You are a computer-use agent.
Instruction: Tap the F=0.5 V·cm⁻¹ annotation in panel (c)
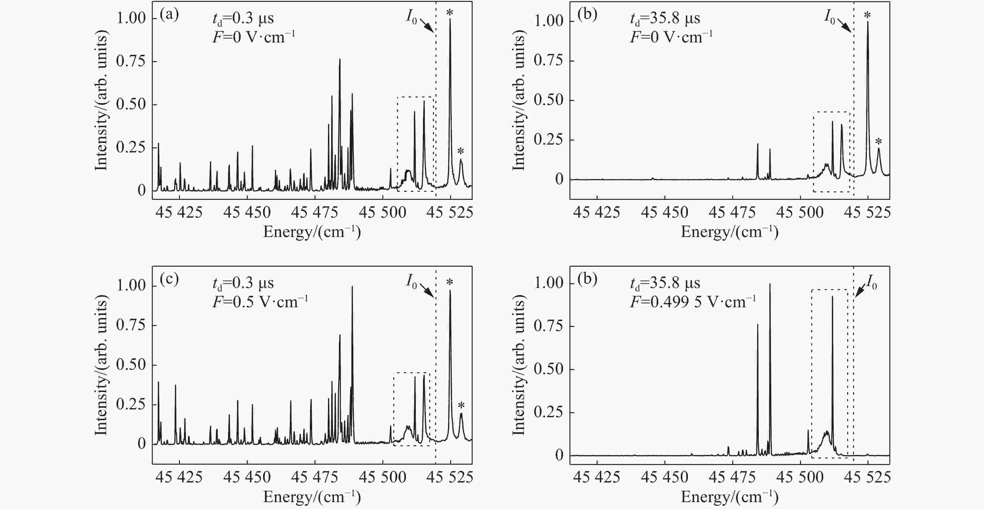260,302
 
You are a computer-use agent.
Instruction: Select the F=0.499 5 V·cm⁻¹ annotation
693,302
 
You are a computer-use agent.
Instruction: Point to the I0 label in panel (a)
411,17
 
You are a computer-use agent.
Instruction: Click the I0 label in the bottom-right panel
871,282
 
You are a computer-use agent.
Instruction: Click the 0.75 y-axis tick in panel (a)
131,61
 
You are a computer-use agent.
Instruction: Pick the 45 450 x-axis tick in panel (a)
247,212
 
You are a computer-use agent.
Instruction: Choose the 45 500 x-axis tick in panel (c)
382,477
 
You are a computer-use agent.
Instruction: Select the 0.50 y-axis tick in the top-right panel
549,100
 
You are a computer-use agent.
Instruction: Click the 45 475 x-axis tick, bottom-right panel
732,477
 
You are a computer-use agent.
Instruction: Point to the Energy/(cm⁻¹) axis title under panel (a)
312,232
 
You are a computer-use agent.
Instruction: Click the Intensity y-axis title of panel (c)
101,365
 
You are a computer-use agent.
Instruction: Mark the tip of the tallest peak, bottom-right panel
770,284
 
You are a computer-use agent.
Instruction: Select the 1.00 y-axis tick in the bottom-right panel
549,283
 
